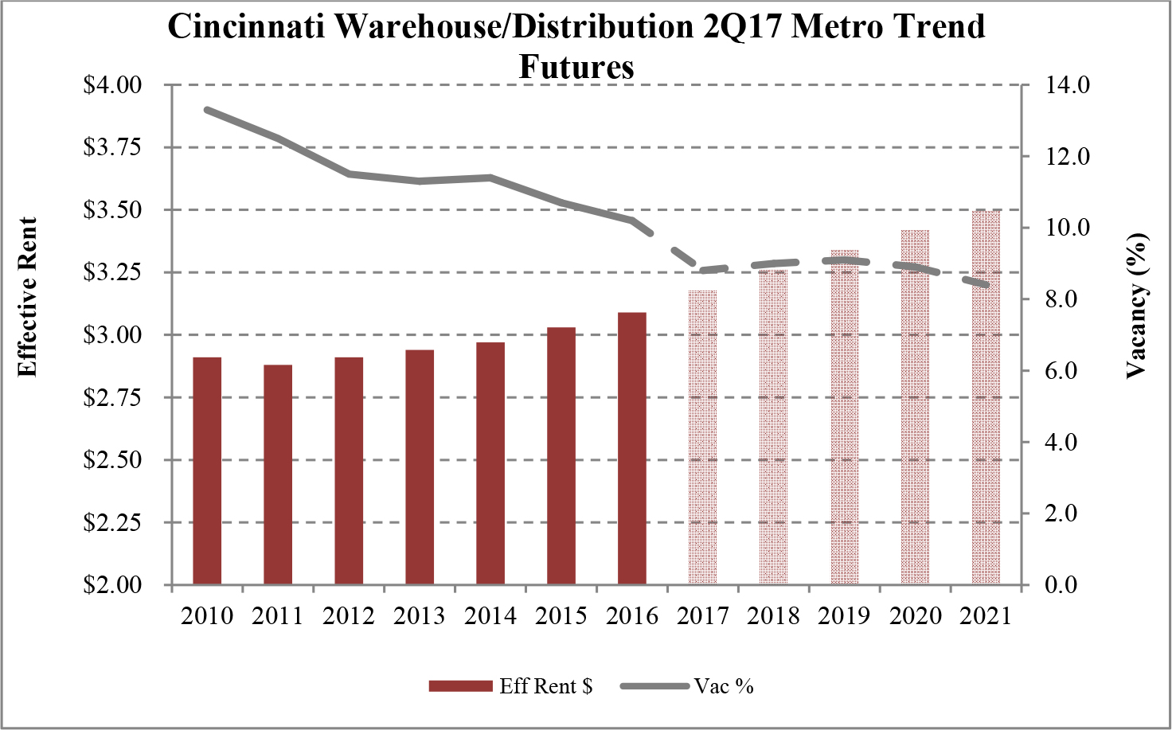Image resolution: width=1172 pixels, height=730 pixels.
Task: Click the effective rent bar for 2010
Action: (x=207, y=470)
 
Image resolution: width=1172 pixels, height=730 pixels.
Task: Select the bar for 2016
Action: (x=632, y=448)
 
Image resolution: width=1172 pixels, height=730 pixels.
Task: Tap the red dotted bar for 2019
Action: (x=845, y=417)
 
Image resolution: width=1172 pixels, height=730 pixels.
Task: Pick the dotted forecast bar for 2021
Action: (x=986, y=396)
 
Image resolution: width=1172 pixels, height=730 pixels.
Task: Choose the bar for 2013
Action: (x=420, y=466)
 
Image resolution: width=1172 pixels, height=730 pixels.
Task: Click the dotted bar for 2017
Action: (x=703, y=437)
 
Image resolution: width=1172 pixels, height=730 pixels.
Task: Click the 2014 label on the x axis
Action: (x=490, y=615)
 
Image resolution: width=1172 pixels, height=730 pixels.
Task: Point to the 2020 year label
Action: (x=916, y=615)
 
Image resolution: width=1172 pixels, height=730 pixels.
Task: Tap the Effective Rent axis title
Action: (x=28, y=296)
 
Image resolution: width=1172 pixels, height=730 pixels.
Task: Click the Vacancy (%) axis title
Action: (x=1136, y=306)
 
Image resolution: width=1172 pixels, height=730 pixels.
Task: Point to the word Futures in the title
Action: (x=576, y=66)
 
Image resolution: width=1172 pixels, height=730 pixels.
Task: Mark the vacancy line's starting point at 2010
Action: (x=207, y=110)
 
